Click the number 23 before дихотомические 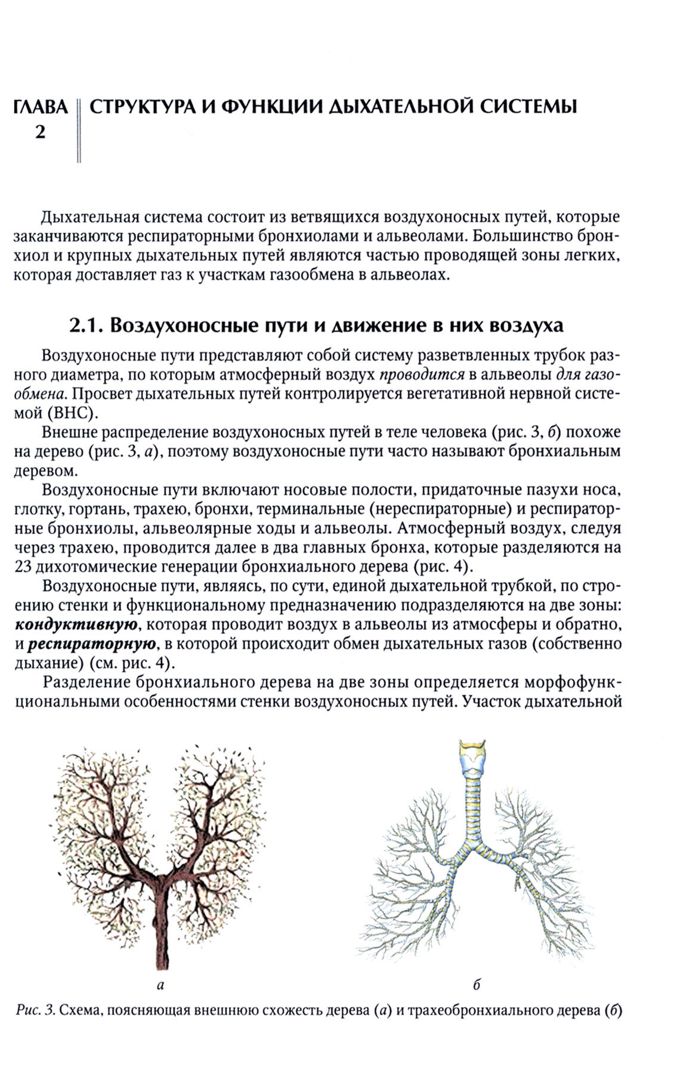24,565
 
